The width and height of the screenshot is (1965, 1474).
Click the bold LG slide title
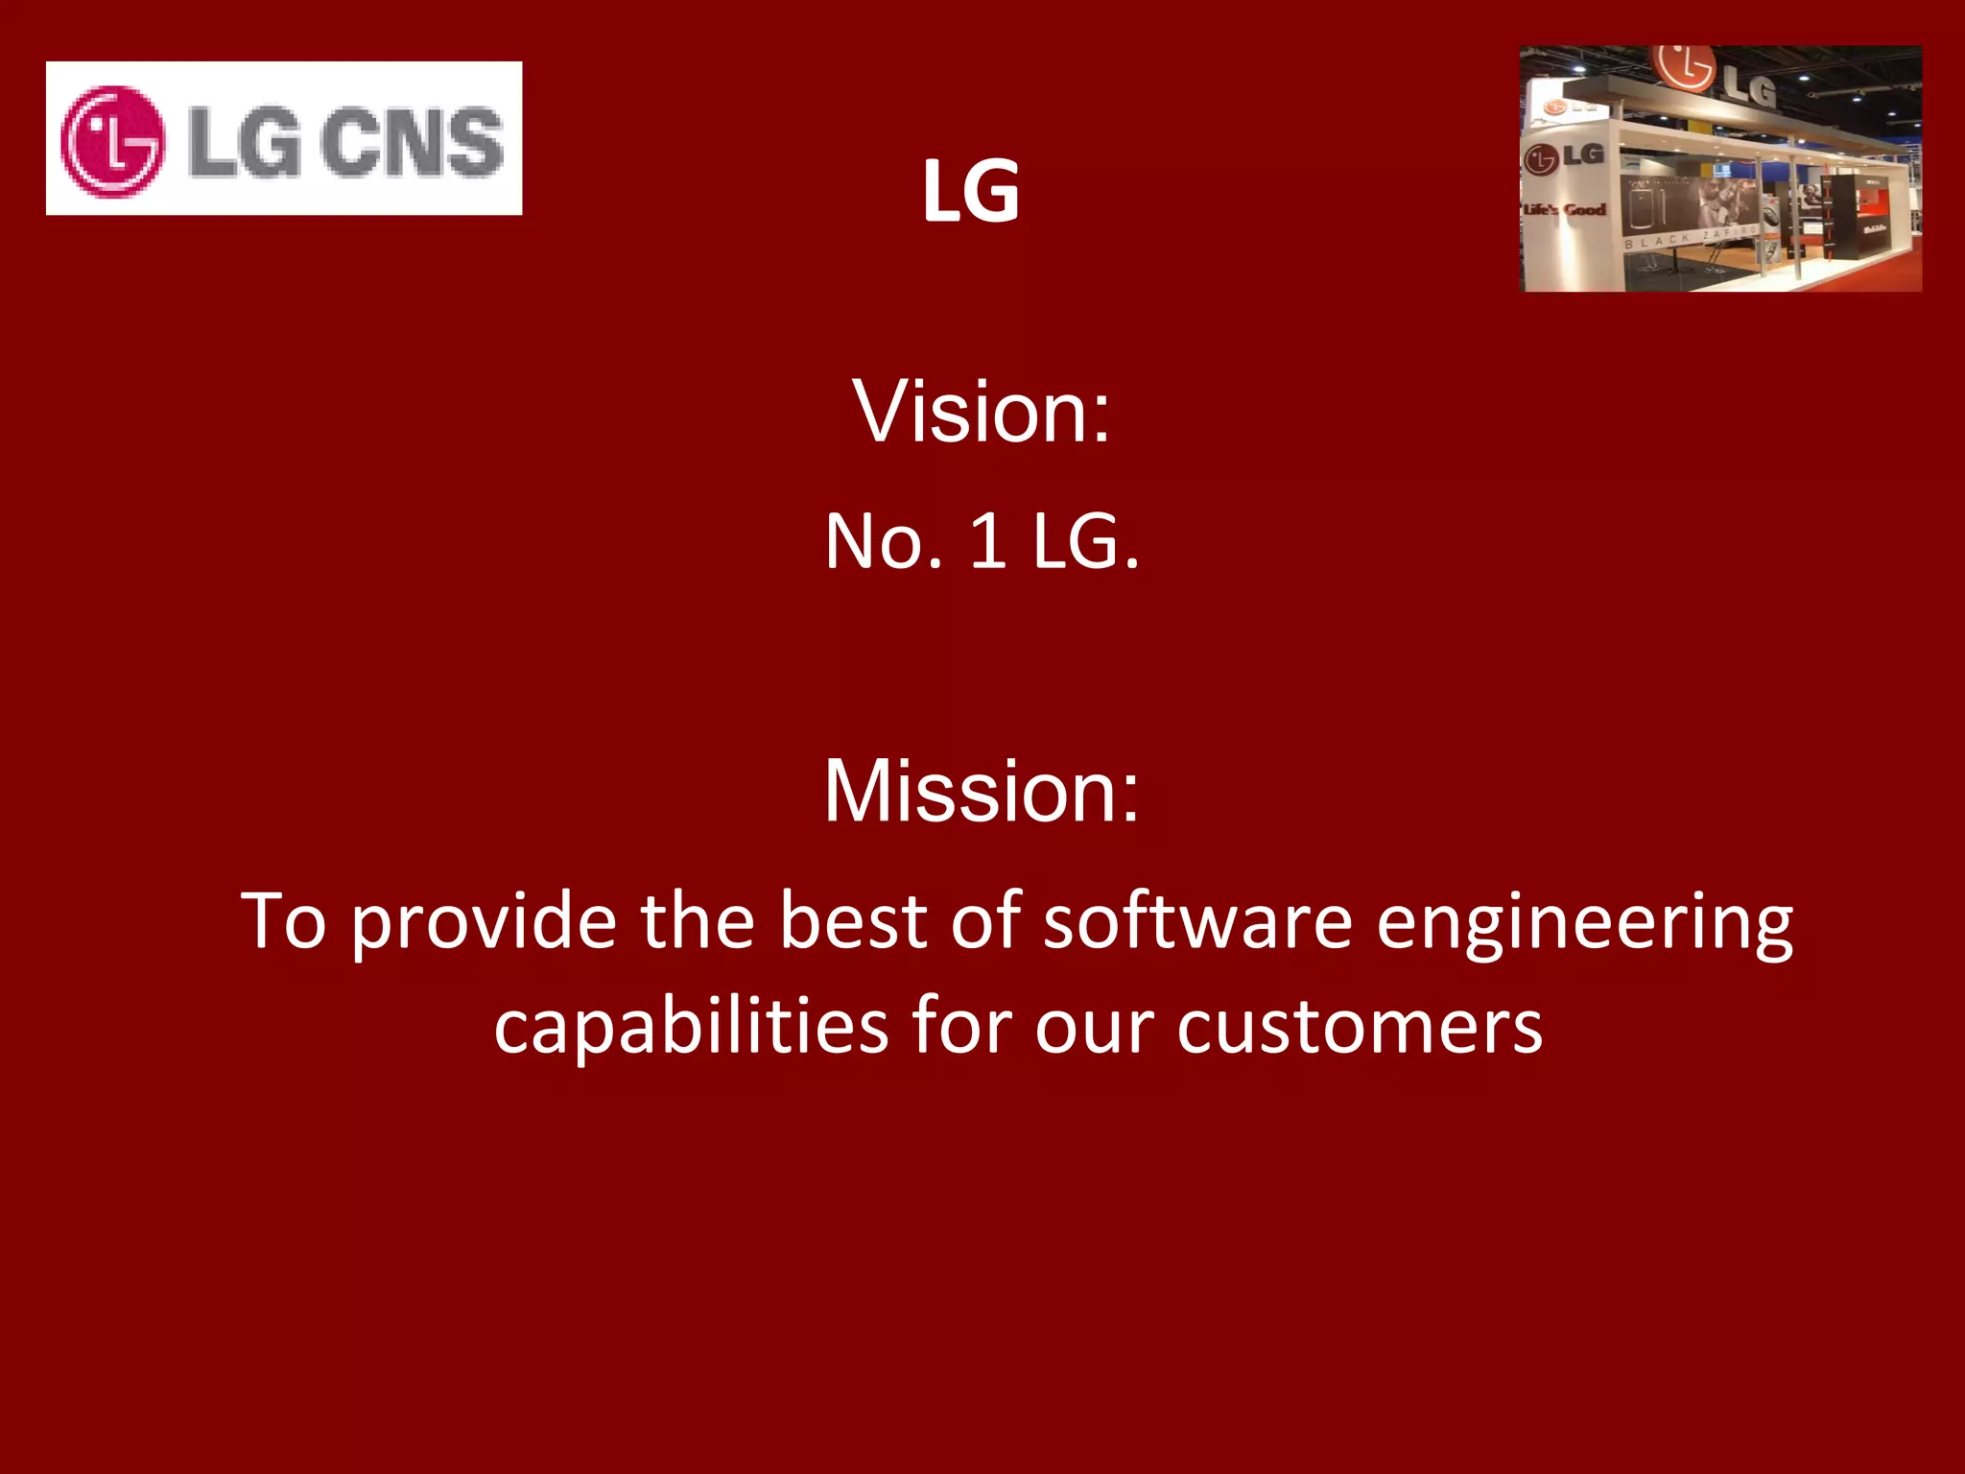971,192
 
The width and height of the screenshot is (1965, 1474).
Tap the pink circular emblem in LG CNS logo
112,141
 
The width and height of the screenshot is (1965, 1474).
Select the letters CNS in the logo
412,142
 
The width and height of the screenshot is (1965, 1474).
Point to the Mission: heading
982,791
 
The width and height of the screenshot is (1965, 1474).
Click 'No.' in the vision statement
883,542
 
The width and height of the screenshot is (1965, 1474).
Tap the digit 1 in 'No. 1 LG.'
988,542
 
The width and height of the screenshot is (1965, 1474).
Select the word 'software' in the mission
1197,920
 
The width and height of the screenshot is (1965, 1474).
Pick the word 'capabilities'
691,1027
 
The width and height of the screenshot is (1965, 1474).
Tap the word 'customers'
1360,1027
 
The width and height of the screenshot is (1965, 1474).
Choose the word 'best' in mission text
853,920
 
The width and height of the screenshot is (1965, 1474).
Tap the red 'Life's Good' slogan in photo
1565,209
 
